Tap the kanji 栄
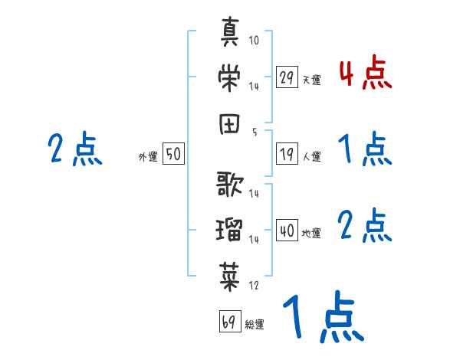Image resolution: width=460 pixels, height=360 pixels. (230, 77)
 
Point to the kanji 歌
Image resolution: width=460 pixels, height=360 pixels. (230, 184)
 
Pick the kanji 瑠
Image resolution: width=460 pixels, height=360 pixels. (230, 228)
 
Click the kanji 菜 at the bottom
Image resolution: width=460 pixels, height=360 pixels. (230, 273)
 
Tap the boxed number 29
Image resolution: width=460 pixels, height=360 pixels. (287, 77)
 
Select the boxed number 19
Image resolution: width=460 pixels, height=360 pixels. (287, 155)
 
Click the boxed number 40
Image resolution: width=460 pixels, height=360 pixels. (287, 230)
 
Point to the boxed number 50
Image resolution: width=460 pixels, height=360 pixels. (173, 155)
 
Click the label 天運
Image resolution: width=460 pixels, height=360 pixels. (311, 80)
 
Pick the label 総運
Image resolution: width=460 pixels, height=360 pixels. (255, 324)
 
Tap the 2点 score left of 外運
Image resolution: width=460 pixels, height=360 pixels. (75, 149)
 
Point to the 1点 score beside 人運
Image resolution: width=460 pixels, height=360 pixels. (365, 149)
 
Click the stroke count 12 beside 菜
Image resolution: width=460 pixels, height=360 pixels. (254, 286)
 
